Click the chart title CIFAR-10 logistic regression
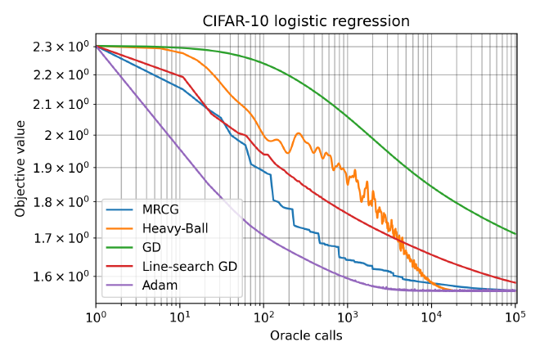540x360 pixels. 306,21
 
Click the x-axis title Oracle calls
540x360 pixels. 306,335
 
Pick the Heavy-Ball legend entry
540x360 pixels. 171,227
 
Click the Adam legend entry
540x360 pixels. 157,285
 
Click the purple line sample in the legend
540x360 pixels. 121,286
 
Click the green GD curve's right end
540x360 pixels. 515,234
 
